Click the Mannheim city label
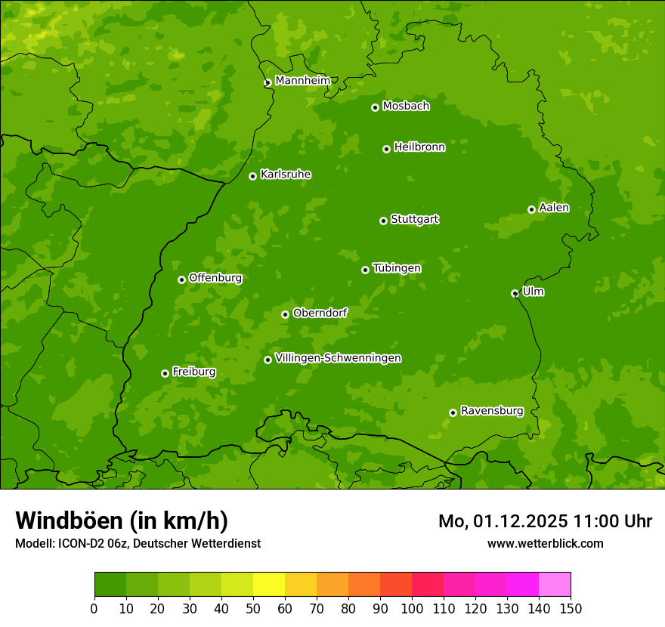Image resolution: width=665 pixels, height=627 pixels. [x=302, y=81]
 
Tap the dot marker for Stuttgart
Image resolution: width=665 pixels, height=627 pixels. [x=383, y=221]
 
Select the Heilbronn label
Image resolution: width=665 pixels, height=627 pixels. [x=419, y=147]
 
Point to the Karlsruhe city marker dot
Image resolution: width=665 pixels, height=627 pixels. [x=252, y=176]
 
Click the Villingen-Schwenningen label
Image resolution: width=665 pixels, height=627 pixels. [x=338, y=358]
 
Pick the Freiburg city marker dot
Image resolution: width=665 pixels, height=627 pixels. [x=165, y=373]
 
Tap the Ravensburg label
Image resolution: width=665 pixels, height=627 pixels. [x=491, y=411]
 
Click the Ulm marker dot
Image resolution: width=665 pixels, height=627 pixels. [x=515, y=293]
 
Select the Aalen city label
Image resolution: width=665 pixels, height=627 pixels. [x=554, y=208]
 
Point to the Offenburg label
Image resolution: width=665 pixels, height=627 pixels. [x=215, y=278]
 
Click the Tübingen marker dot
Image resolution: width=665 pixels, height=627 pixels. [x=365, y=270]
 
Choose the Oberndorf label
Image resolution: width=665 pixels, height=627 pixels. [x=320, y=313]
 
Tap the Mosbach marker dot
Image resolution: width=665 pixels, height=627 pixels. [x=375, y=107]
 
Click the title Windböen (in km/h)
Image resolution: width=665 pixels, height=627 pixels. [x=121, y=520]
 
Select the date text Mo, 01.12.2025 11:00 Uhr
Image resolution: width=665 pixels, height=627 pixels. [x=545, y=521]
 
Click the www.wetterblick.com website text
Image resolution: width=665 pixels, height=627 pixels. [x=545, y=543]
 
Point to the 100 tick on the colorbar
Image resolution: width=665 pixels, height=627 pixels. [x=412, y=608]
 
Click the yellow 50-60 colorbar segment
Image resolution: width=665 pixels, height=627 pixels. [x=269, y=585]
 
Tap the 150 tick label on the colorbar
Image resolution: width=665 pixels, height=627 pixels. [x=571, y=608]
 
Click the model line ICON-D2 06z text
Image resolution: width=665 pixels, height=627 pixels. [x=138, y=543]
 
